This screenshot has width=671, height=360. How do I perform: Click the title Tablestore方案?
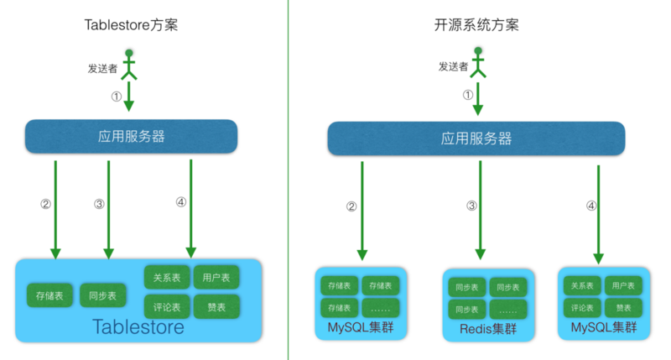(x=131, y=24)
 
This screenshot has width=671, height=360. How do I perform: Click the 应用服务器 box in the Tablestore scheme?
(x=131, y=137)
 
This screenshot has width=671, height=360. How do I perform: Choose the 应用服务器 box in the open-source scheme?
(x=476, y=138)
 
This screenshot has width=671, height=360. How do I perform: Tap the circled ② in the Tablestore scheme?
(x=45, y=203)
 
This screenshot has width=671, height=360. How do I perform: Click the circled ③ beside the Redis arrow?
(x=471, y=206)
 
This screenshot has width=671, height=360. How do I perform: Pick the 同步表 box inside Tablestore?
(x=103, y=295)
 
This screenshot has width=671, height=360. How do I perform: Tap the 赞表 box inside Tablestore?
(x=216, y=306)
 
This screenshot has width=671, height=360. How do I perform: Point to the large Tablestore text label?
(x=138, y=326)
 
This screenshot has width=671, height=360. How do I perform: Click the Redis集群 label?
(x=488, y=329)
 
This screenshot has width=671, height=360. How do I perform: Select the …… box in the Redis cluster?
(x=509, y=310)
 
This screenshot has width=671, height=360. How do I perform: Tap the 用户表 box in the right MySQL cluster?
(x=623, y=286)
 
